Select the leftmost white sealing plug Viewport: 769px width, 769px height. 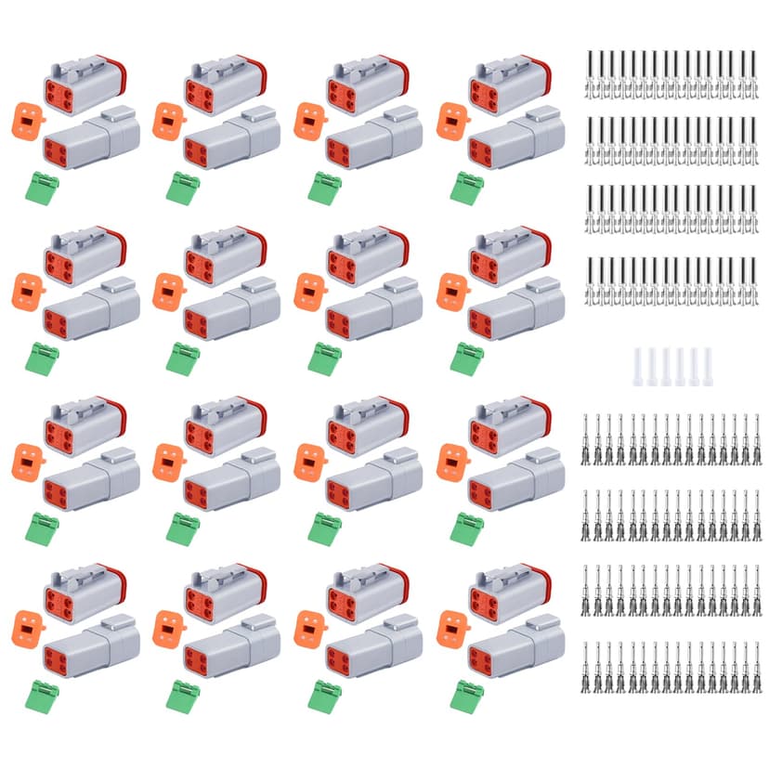coord(638,367)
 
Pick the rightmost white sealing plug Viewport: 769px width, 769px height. coord(708,367)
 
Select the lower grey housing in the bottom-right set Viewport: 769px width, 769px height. coord(515,647)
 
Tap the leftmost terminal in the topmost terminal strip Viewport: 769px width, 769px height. coord(590,74)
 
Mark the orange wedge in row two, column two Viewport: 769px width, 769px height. coord(166,291)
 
